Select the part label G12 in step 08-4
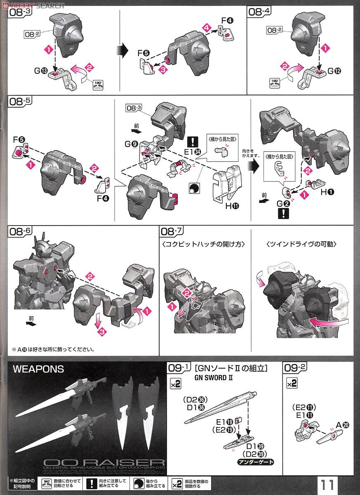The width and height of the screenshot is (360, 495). click(334, 71)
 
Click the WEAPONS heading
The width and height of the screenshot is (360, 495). click(38, 369)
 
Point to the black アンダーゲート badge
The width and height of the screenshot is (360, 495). click(255, 462)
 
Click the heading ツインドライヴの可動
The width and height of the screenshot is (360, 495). click(302, 244)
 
